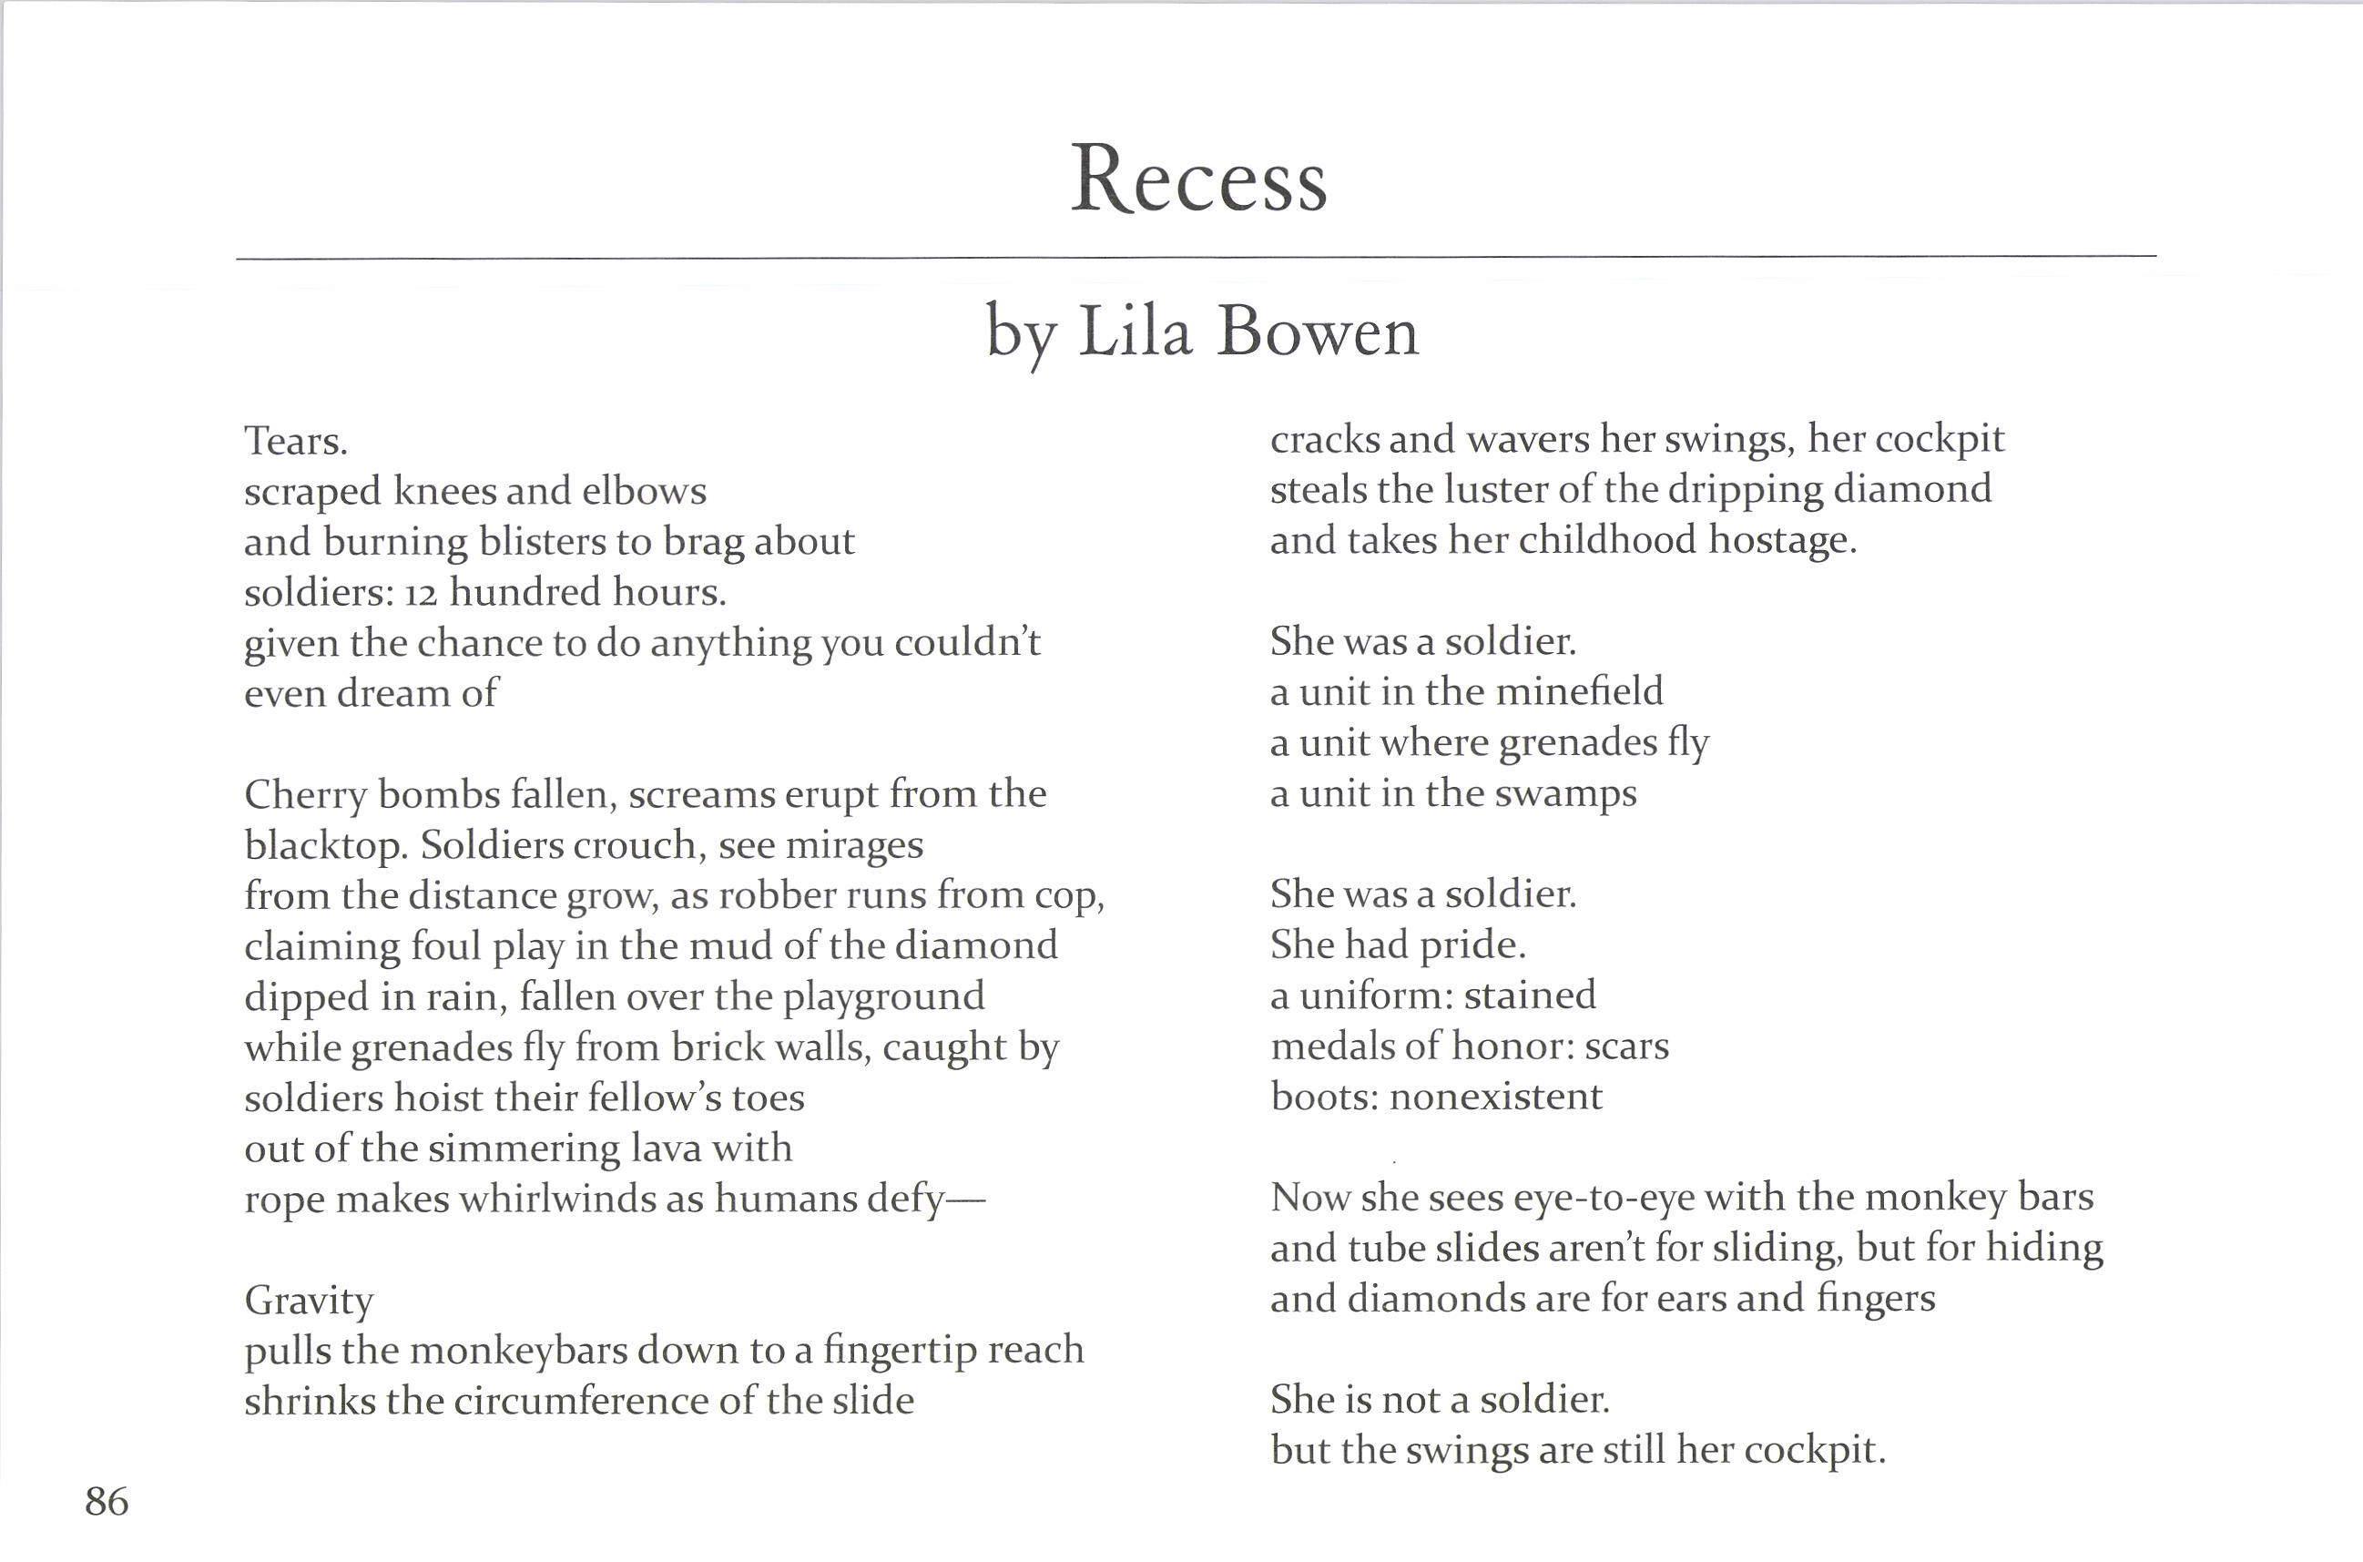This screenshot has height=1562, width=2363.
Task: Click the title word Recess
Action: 1198,180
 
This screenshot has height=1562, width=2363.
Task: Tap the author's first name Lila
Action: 1136,332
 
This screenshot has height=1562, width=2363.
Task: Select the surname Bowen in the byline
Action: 1318,332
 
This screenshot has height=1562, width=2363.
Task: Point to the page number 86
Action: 107,1501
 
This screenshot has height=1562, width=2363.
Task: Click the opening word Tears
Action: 296,440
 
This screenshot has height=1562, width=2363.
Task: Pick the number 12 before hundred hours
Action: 422,593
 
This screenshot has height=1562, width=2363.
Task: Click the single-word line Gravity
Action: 309,1301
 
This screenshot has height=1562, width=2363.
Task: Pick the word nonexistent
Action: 1496,1097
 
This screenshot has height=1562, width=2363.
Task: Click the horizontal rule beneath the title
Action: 1195,257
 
